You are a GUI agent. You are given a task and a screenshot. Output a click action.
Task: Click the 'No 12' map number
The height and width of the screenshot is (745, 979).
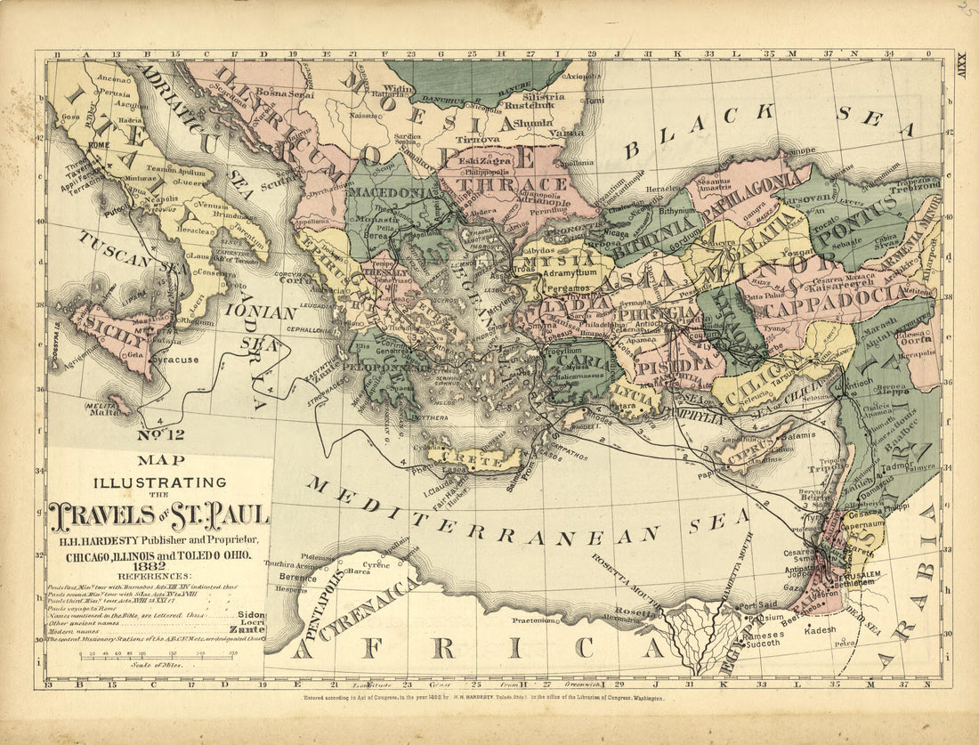click(x=160, y=435)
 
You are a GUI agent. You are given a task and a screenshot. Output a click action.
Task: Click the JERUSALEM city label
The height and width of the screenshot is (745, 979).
click(x=855, y=576)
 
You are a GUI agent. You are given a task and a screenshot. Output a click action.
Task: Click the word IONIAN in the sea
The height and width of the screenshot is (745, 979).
click(x=260, y=313)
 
